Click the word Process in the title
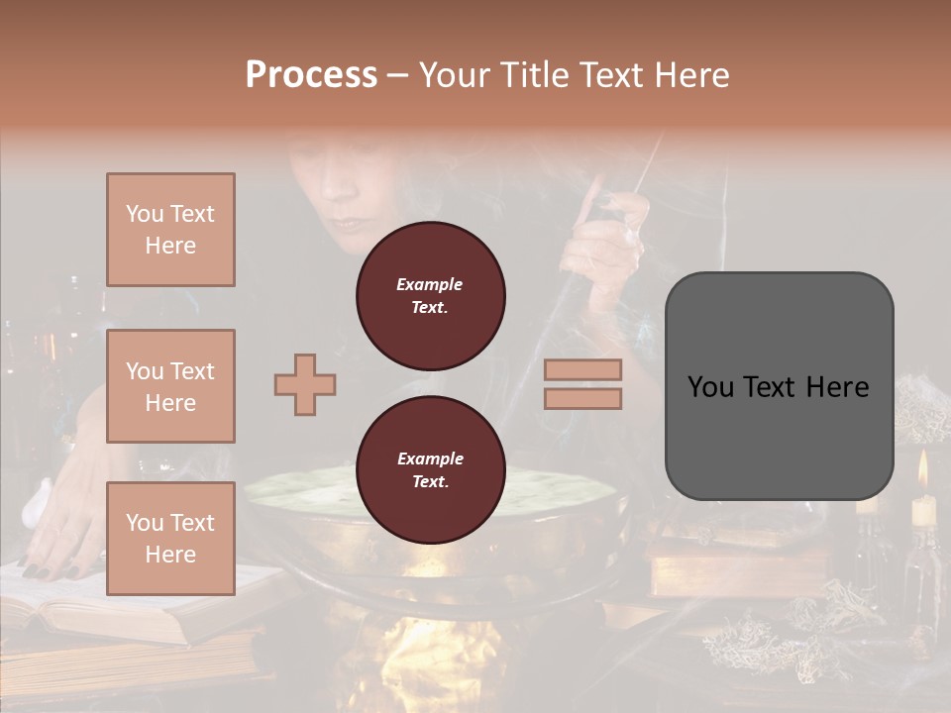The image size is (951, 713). tap(311, 75)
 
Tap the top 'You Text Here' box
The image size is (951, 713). tap(170, 230)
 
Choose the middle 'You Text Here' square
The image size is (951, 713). tap(170, 386)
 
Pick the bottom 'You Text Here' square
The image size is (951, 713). tap(170, 539)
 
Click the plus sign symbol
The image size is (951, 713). tap(305, 384)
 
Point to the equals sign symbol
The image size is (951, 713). tap(582, 384)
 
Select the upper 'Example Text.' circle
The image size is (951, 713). tap(430, 295)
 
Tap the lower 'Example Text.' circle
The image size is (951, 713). tap(430, 469)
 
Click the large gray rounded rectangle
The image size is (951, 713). tap(779, 386)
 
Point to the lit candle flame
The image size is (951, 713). tap(922, 468)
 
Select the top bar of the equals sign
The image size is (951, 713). tap(582, 369)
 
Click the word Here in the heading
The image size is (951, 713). tap(691, 75)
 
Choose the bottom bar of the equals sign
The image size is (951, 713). tap(582, 398)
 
